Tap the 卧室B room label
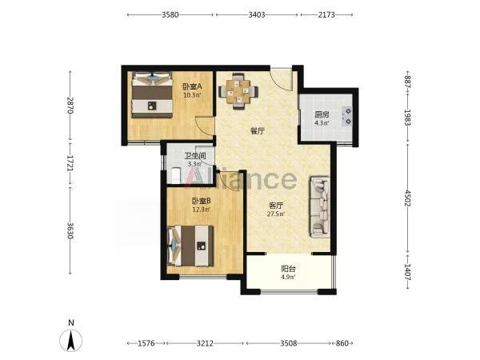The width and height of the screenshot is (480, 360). pyautogui.click(x=202, y=201)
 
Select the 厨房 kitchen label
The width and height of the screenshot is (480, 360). pyautogui.click(x=322, y=114)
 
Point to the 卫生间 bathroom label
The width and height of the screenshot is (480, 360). pyautogui.click(x=194, y=156)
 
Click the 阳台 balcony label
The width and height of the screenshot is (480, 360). pyautogui.click(x=288, y=269)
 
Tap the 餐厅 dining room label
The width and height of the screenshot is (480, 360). pyautogui.click(x=258, y=131)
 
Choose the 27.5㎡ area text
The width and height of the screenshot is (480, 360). pyautogui.click(x=276, y=214)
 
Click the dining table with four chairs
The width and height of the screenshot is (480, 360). pyautogui.click(x=238, y=91)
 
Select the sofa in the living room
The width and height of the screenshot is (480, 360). pyautogui.click(x=320, y=207)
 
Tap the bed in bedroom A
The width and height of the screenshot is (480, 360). pyautogui.click(x=152, y=94)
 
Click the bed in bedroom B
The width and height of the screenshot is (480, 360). pyautogui.click(x=190, y=246)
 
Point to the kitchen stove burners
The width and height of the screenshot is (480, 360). pyautogui.click(x=348, y=116)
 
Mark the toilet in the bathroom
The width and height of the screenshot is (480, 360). pyautogui.click(x=176, y=175)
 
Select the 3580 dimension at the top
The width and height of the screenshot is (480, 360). pyautogui.click(x=170, y=14)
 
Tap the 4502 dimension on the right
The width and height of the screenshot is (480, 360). pyautogui.click(x=407, y=198)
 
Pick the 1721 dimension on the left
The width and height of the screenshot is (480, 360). pyautogui.click(x=70, y=164)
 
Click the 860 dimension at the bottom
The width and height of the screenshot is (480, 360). pyautogui.click(x=342, y=343)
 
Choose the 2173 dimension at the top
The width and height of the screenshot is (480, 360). pyautogui.click(x=326, y=14)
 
